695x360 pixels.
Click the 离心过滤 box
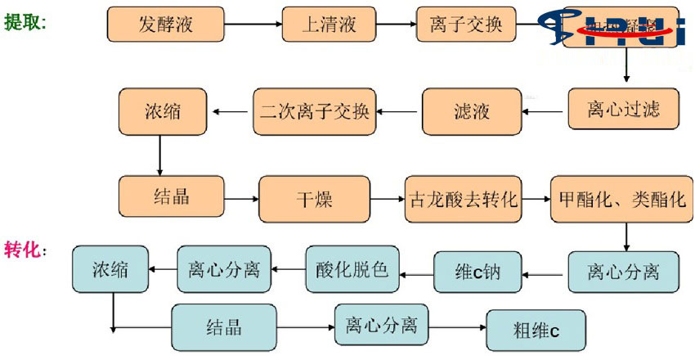click(623, 108)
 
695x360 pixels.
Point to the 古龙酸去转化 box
click(463, 199)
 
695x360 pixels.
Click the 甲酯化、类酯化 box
click(623, 199)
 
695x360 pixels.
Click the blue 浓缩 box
click(110, 268)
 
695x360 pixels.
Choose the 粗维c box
click(536, 331)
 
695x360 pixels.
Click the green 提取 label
click(25, 22)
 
